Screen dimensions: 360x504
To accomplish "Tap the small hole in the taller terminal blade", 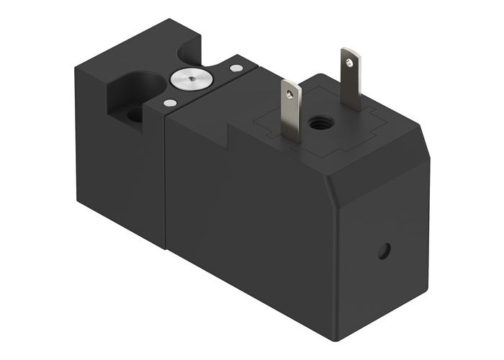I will [x=350, y=60].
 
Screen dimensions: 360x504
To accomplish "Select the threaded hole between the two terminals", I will [x=317, y=123].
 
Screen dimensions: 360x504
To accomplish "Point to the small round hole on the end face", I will [x=384, y=251].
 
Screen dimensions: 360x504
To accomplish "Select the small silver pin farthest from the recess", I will [x=235, y=68].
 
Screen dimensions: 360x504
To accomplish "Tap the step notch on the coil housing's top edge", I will [x=230, y=133].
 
